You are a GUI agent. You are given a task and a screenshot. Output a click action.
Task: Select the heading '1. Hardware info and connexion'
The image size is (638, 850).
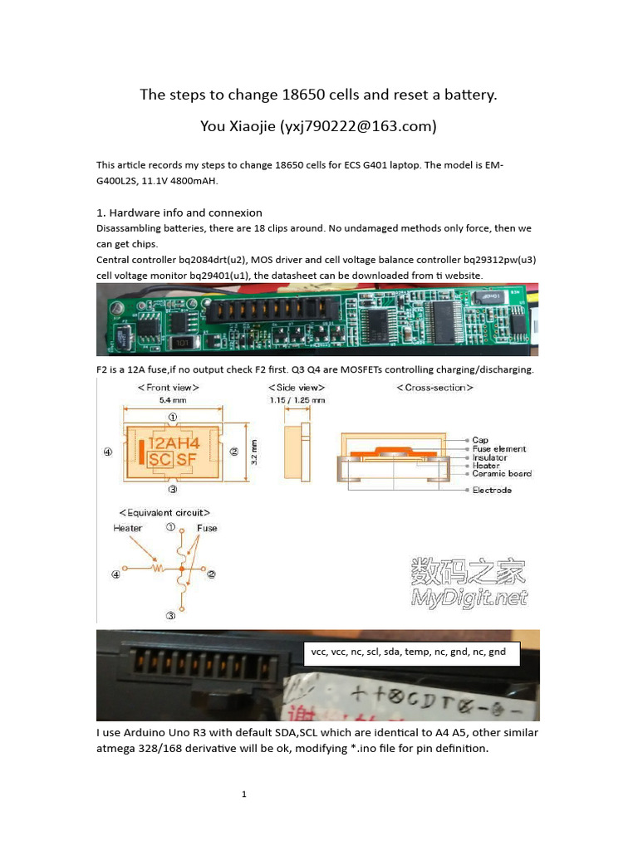point(179,212)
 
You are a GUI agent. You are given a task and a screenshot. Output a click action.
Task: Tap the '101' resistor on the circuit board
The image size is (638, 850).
point(181,343)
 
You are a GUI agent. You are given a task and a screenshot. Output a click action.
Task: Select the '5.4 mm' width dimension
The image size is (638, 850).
point(172,399)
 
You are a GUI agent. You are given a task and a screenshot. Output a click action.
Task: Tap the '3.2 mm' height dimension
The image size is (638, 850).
point(254,451)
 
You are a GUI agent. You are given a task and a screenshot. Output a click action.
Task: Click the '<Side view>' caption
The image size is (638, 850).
point(296,387)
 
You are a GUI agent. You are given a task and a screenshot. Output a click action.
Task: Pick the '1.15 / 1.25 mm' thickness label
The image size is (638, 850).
point(296,399)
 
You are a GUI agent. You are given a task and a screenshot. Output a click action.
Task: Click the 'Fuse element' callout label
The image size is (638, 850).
point(498,449)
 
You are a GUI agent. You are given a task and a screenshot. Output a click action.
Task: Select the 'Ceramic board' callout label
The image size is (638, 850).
point(502,474)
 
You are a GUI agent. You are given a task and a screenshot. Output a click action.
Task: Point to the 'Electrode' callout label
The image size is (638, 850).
point(492,490)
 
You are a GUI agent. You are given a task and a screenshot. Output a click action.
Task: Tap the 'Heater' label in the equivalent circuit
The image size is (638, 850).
point(128,528)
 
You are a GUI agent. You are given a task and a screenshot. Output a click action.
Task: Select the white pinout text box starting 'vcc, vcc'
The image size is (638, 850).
point(413,652)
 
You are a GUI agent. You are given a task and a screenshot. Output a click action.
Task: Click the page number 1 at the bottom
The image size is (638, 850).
point(244,794)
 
